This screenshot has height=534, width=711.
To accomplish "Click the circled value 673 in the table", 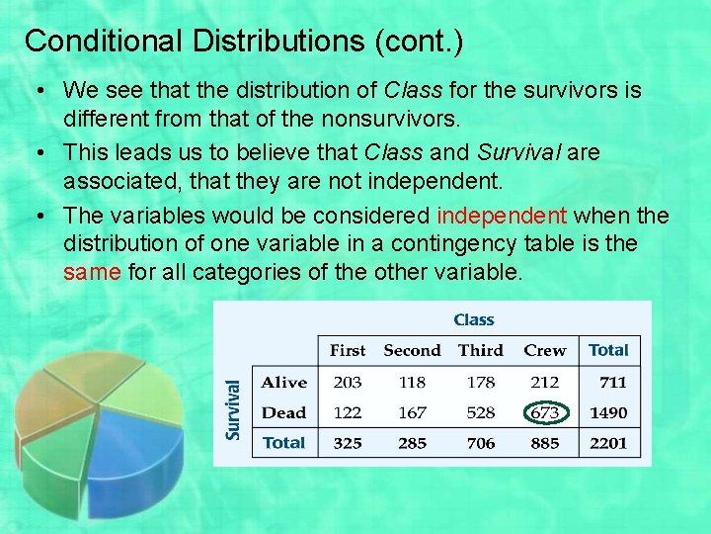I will tap(544, 412).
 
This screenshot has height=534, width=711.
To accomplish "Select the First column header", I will tap(347, 350).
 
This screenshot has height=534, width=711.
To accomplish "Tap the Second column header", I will tap(412, 350).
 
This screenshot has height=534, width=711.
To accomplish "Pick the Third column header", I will tap(480, 350).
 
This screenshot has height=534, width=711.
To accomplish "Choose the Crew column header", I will tap(544, 350).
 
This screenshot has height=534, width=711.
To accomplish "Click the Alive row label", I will tap(284, 382).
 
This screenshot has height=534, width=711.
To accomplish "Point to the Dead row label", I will tap(284, 412).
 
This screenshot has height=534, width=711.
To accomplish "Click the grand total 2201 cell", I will tap(608, 443).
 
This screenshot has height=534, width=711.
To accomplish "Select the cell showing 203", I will tap(347, 382).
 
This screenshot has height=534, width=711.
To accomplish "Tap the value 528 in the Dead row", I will tap(480, 412).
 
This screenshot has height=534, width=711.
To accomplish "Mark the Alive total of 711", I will tap(612, 382).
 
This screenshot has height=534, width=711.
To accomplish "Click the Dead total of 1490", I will tap(608, 412).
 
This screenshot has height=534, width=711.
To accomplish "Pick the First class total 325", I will tap(347, 443).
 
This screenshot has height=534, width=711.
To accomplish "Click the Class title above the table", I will tap(474, 319).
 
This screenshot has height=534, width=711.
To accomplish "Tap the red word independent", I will tap(502, 216).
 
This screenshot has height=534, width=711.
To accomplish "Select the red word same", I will tap(91, 271).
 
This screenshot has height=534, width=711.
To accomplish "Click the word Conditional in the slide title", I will tap(99, 42).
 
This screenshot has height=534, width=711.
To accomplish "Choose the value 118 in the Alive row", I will tap(412, 382).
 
